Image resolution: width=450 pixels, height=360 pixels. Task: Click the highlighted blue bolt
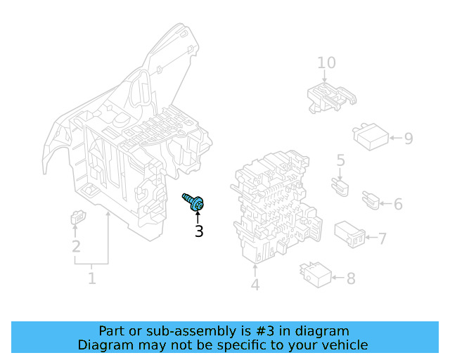coord(193,202)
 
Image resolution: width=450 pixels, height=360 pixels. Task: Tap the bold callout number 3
coord(199,231)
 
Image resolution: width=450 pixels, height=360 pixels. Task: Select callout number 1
coord(91,278)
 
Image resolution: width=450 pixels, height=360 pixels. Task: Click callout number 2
coord(76,246)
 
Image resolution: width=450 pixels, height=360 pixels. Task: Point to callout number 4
coord(255,285)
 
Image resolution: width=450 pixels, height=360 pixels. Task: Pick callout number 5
coord(340,160)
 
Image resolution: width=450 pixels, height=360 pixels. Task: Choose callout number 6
coord(398,204)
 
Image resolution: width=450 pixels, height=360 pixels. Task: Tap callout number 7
coord(382,239)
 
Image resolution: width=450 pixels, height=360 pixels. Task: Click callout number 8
coord(351,278)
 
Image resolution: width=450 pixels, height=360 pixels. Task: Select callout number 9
coord(409,139)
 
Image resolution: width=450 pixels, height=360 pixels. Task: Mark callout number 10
coord(326,63)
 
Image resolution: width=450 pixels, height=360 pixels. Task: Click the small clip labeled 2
coord(78,217)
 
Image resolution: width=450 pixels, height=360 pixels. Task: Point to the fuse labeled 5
coord(340,187)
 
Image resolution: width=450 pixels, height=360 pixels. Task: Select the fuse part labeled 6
coord(371,200)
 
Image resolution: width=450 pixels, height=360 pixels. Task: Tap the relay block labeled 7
coord(350,233)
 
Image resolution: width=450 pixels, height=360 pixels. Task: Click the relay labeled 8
coord(316,275)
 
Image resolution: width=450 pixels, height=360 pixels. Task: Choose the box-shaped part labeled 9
coord(371,136)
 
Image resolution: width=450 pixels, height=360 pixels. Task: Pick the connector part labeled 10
coord(331,98)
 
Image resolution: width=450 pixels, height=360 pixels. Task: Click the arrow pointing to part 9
coord(396,138)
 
